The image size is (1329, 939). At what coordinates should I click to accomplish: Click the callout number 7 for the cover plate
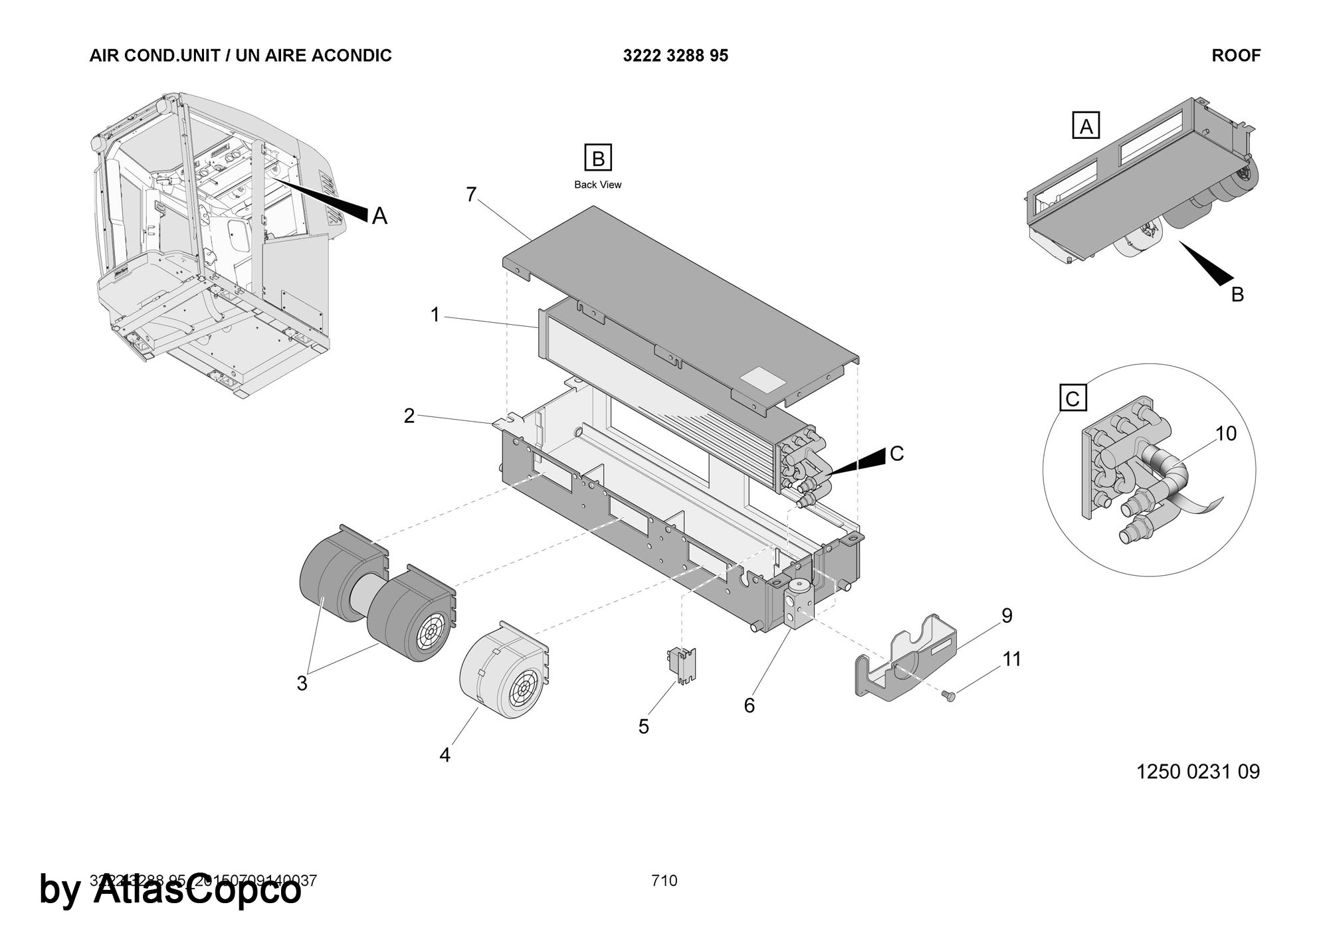[471, 195]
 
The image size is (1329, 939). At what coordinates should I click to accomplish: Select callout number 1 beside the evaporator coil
[435, 315]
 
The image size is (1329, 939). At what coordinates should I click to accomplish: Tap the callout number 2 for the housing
[409, 416]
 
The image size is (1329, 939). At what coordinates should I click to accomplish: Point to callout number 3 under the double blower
[302, 683]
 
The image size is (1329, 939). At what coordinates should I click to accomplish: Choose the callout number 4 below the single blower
[445, 755]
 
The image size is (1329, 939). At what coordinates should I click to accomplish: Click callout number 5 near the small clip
[643, 726]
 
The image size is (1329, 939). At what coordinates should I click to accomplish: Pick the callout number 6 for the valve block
[750, 705]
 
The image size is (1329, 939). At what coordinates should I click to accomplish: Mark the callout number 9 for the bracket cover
[1007, 616]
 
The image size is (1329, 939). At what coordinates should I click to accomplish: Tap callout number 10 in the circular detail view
[1226, 434]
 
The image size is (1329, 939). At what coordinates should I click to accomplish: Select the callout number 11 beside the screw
[1011, 659]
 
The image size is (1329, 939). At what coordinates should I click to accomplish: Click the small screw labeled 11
[949, 695]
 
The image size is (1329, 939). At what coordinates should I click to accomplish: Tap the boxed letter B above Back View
[597, 158]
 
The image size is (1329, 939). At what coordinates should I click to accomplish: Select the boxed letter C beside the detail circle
[1073, 399]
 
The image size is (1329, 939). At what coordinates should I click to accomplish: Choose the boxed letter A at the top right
[1086, 126]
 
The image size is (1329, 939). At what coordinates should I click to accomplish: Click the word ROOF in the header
[1236, 56]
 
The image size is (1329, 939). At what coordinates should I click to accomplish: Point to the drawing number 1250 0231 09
[1198, 772]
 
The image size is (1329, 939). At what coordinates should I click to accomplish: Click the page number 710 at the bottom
[664, 881]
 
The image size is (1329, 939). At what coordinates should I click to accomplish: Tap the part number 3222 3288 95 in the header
[675, 56]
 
